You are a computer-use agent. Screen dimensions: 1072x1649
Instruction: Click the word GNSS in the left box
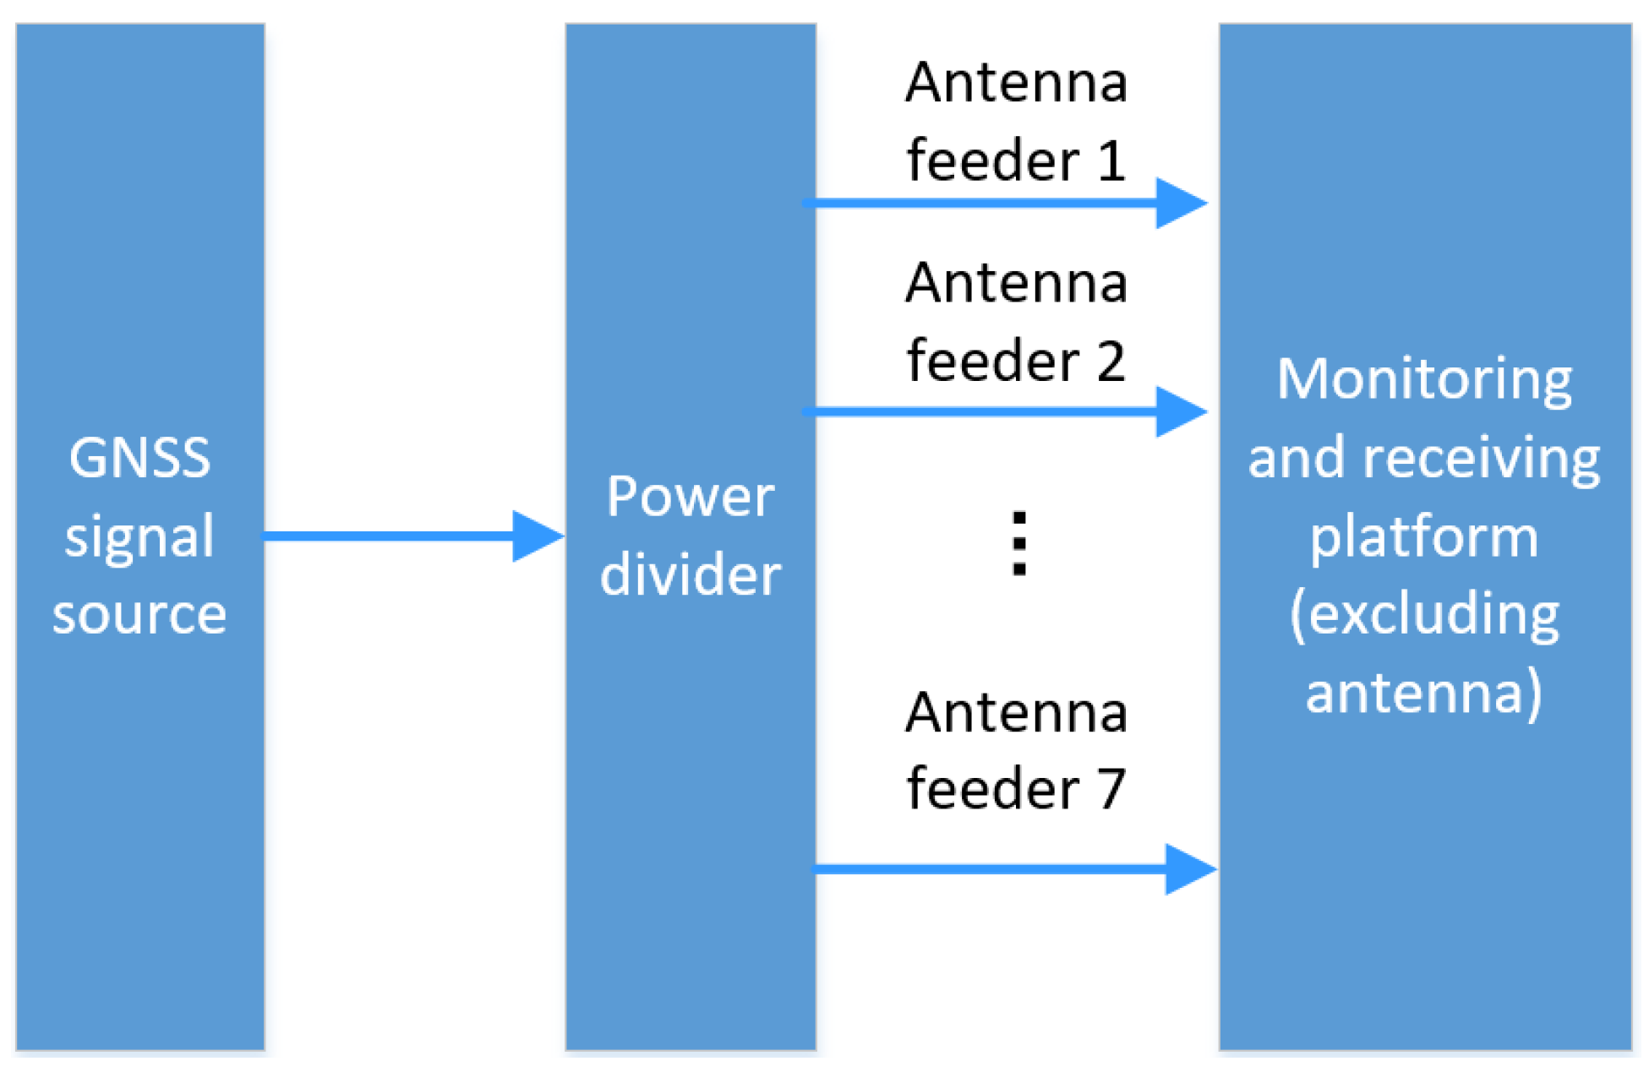(139, 458)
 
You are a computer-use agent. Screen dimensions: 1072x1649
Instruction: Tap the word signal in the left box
(139, 537)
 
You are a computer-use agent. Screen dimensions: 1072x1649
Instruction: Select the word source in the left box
(139, 614)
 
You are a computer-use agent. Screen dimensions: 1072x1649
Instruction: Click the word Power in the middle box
(690, 496)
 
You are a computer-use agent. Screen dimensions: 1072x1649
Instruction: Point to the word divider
(690, 574)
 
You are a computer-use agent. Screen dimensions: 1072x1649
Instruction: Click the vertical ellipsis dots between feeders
(1019, 543)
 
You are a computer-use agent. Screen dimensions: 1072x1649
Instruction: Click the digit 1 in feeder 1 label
(1111, 161)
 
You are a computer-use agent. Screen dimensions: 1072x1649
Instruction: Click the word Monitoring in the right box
(1424, 379)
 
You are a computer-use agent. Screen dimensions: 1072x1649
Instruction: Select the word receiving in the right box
(1481, 458)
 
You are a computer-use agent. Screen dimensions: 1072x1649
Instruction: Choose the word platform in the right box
(1424, 537)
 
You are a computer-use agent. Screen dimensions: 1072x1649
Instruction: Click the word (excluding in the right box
(1424, 614)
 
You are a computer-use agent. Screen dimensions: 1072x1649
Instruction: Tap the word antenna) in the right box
(1424, 693)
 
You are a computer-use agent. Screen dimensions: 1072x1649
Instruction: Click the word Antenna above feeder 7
(1016, 712)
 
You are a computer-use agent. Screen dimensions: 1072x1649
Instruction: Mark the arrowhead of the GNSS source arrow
(538, 536)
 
